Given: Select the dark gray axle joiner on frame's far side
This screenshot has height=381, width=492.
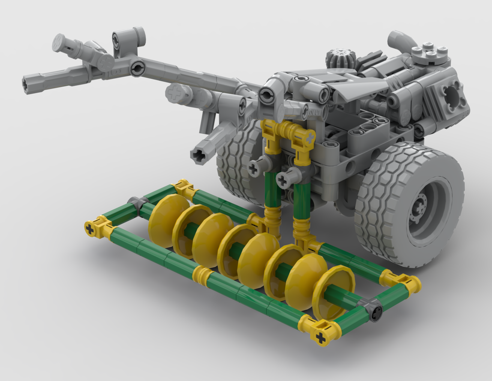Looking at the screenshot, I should [138, 202].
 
